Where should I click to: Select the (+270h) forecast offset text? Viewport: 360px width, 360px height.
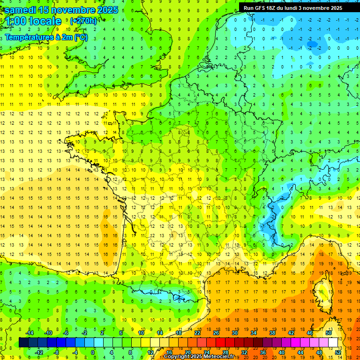[x=83, y=21]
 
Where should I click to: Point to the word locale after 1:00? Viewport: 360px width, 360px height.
[x=45, y=21]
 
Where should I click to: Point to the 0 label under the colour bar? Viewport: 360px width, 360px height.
[x=93, y=352]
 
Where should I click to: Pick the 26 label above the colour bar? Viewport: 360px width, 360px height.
[x=216, y=333]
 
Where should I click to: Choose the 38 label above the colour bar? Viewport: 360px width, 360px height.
[x=272, y=333]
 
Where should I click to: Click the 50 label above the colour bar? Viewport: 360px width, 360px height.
[x=328, y=333]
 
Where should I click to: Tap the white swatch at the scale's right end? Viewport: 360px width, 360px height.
[x=333, y=343]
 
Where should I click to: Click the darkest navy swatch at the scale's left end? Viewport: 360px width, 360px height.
[x=23, y=343]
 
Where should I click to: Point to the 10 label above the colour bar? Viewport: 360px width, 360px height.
[x=141, y=333]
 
